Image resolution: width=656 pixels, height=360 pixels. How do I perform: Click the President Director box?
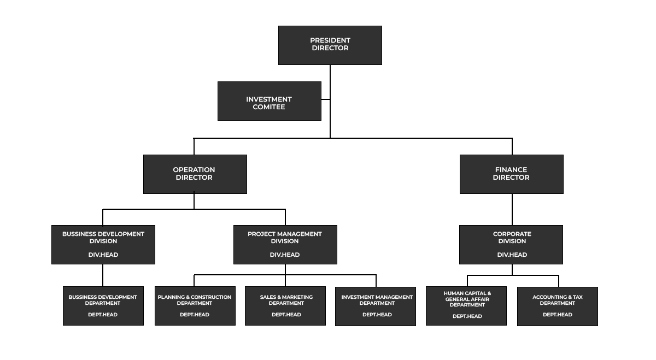click(330, 45)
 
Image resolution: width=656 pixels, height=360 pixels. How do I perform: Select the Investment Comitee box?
click(270, 101)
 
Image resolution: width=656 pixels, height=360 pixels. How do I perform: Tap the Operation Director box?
click(195, 174)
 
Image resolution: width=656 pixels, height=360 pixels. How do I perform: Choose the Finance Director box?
click(512, 174)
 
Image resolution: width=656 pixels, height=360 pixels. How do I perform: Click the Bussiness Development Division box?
click(103, 245)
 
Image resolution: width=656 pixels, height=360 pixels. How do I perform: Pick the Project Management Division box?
click(285, 245)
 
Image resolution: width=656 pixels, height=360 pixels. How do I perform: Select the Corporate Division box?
click(511, 245)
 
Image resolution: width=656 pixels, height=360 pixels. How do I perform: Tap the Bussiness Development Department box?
click(103, 306)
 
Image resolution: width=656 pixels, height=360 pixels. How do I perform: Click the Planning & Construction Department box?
click(195, 306)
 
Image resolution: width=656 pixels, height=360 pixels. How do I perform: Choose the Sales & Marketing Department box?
click(285, 306)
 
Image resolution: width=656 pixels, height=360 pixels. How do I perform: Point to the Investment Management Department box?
click(376, 306)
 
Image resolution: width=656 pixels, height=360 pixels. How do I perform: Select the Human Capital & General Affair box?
click(466, 306)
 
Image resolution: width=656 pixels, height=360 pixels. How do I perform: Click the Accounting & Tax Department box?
click(558, 306)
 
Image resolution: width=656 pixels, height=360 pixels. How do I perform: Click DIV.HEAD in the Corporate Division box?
click(512, 255)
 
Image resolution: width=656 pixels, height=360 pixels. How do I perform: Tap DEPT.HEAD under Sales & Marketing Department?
click(286, 315)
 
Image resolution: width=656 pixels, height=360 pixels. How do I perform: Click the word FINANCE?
click(511, 170)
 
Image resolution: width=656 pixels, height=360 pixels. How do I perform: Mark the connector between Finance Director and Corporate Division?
click(512, 210)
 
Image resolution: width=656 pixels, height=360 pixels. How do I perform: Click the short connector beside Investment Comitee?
click(326, 99)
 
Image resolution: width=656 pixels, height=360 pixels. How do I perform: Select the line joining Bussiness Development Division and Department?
click(103, 275)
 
